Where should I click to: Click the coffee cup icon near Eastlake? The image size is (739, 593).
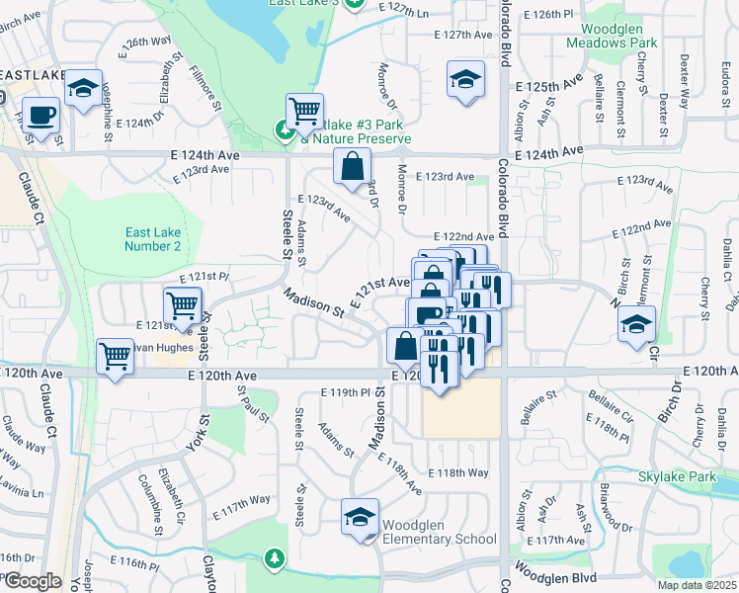click(41, 116)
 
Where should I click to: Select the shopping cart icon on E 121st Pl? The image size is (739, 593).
click(183, 304)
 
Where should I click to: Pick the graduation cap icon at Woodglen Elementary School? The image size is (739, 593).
click(360, 518)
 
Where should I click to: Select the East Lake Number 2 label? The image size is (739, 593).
click(153, 239)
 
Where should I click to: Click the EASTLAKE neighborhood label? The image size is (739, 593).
click(32, 75)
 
